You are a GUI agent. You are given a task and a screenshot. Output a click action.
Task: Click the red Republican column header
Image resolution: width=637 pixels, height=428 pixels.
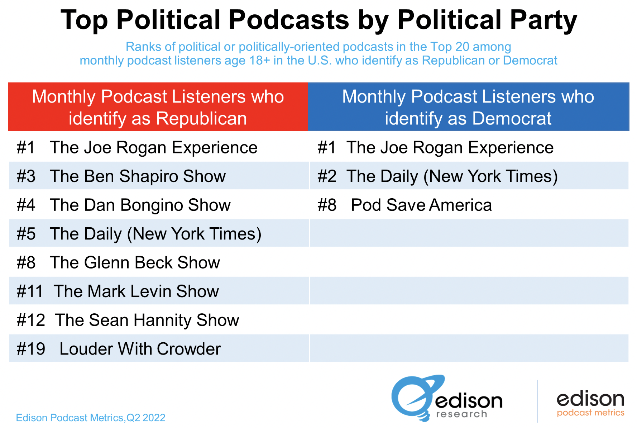pos(158,107)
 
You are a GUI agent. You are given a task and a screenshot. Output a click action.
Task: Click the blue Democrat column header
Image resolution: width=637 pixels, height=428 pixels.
pos(468,107)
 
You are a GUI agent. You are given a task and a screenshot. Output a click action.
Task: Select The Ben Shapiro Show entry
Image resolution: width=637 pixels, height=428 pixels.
pos(138,176)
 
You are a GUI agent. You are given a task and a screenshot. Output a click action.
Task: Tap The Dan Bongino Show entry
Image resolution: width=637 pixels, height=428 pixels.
pos(140,205)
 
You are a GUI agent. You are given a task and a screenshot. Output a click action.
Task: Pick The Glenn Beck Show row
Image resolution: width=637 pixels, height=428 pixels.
pos(135,262)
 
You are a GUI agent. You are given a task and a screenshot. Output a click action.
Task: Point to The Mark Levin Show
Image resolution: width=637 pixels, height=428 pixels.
pos(136,291)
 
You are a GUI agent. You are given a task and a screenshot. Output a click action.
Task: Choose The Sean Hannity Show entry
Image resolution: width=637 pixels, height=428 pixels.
pos(147,320)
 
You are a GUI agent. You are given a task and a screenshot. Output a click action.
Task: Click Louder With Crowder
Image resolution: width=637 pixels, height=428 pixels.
pos(140,349)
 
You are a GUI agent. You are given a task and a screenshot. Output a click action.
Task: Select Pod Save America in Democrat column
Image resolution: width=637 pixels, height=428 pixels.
pos(421,205)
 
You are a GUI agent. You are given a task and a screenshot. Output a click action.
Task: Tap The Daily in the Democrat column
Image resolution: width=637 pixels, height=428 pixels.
pos(452,176)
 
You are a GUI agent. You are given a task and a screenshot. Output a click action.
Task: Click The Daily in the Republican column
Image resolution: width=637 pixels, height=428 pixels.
pos(155,234)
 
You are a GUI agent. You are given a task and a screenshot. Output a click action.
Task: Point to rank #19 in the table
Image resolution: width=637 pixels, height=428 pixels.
pos(31,349)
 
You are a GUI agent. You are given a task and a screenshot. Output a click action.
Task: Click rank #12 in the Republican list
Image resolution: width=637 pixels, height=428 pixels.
pos(31,320)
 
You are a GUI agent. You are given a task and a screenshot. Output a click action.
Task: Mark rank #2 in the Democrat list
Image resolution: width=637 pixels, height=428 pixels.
pos(327,176)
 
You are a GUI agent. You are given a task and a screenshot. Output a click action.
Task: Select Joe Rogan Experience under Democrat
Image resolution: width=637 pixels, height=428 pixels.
pos(450,147)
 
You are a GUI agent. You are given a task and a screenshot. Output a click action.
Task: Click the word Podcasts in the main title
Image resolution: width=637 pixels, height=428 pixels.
pos(289,20)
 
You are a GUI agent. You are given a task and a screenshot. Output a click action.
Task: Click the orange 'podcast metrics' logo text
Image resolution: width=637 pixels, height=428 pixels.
pos(590,413)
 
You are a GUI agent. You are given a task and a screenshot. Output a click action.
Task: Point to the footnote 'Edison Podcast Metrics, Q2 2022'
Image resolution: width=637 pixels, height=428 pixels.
pos(91,418)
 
